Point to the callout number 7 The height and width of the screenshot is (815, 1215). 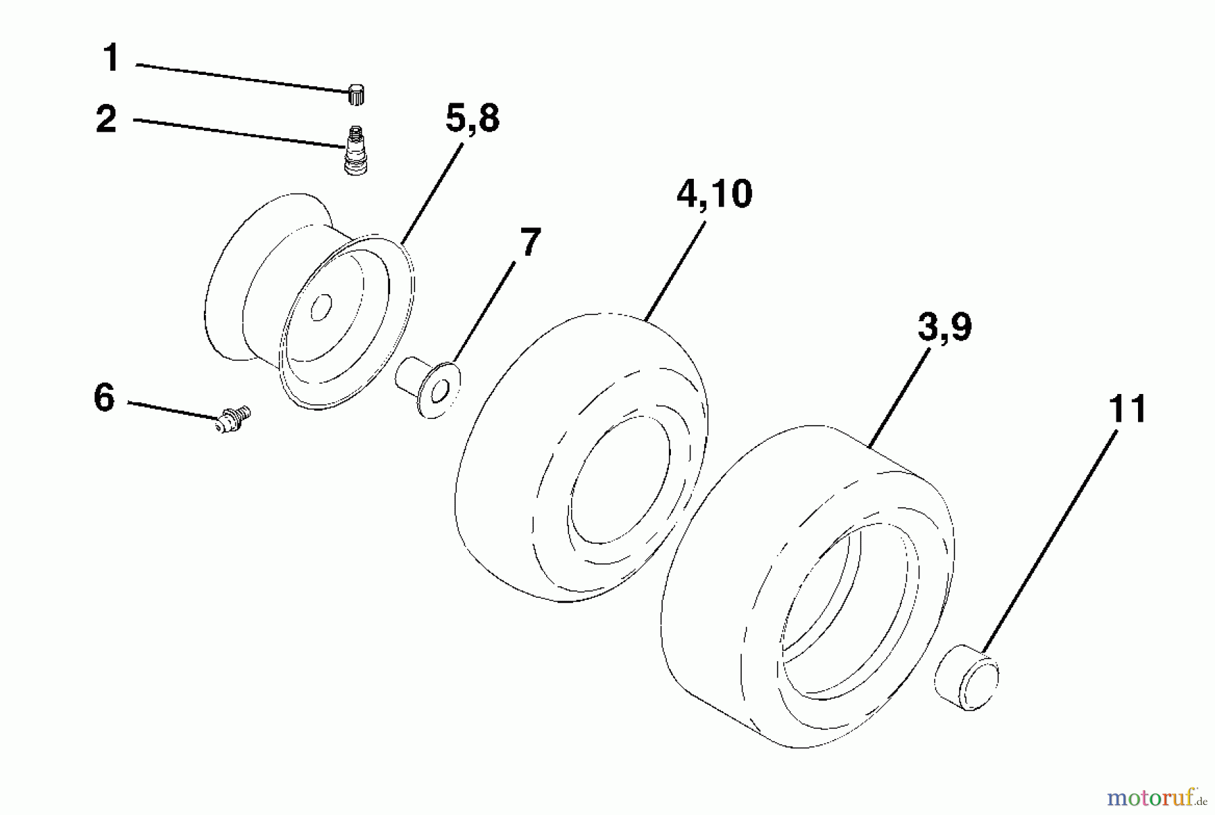tap(530, 242)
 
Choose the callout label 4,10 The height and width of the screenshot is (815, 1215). tap(714, 194)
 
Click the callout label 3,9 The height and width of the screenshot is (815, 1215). tap(944, 328)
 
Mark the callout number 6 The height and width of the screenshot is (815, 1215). tap(105, 397)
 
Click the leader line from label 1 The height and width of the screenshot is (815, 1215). tap(243, 77)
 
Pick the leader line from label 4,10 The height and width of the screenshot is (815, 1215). tap(676, 270)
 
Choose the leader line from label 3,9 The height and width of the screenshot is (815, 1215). tap(900, 399)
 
